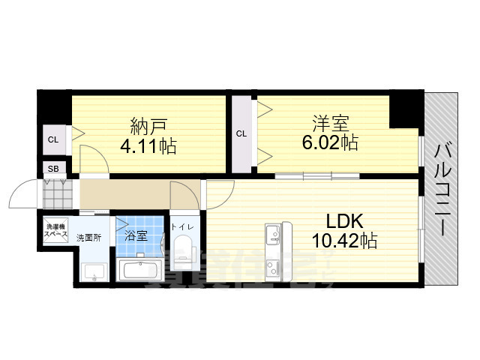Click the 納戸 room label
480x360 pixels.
(148, 124)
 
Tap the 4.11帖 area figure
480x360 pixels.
(148, 145)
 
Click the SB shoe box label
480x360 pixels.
(53, 168)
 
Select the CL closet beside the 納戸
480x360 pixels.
(53, 139)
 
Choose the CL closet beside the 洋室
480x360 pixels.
(241, 134)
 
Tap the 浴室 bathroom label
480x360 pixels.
(136, 235)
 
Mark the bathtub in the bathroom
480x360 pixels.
(141, 269)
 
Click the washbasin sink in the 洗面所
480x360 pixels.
(94, 271)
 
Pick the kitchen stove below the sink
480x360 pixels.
(273, 267)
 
